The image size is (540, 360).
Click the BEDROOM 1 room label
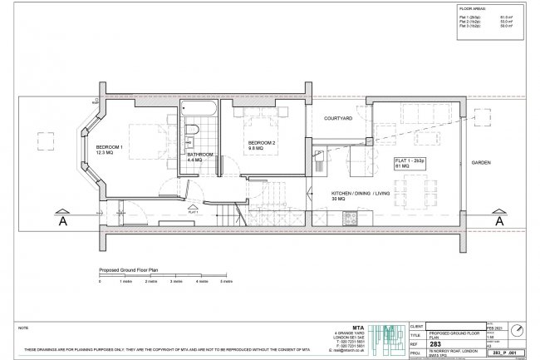click(109, 147)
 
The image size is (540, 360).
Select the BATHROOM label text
click(200, 155)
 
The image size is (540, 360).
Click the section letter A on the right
click(498, 223)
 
